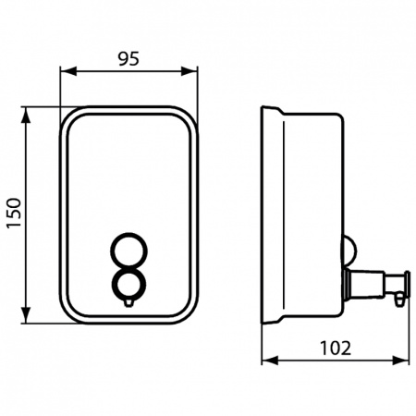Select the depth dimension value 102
(336, 349)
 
